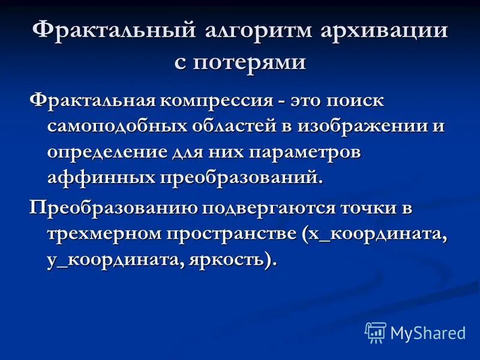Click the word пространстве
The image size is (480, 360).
(235, 233)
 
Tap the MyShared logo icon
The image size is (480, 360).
(376, 331)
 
